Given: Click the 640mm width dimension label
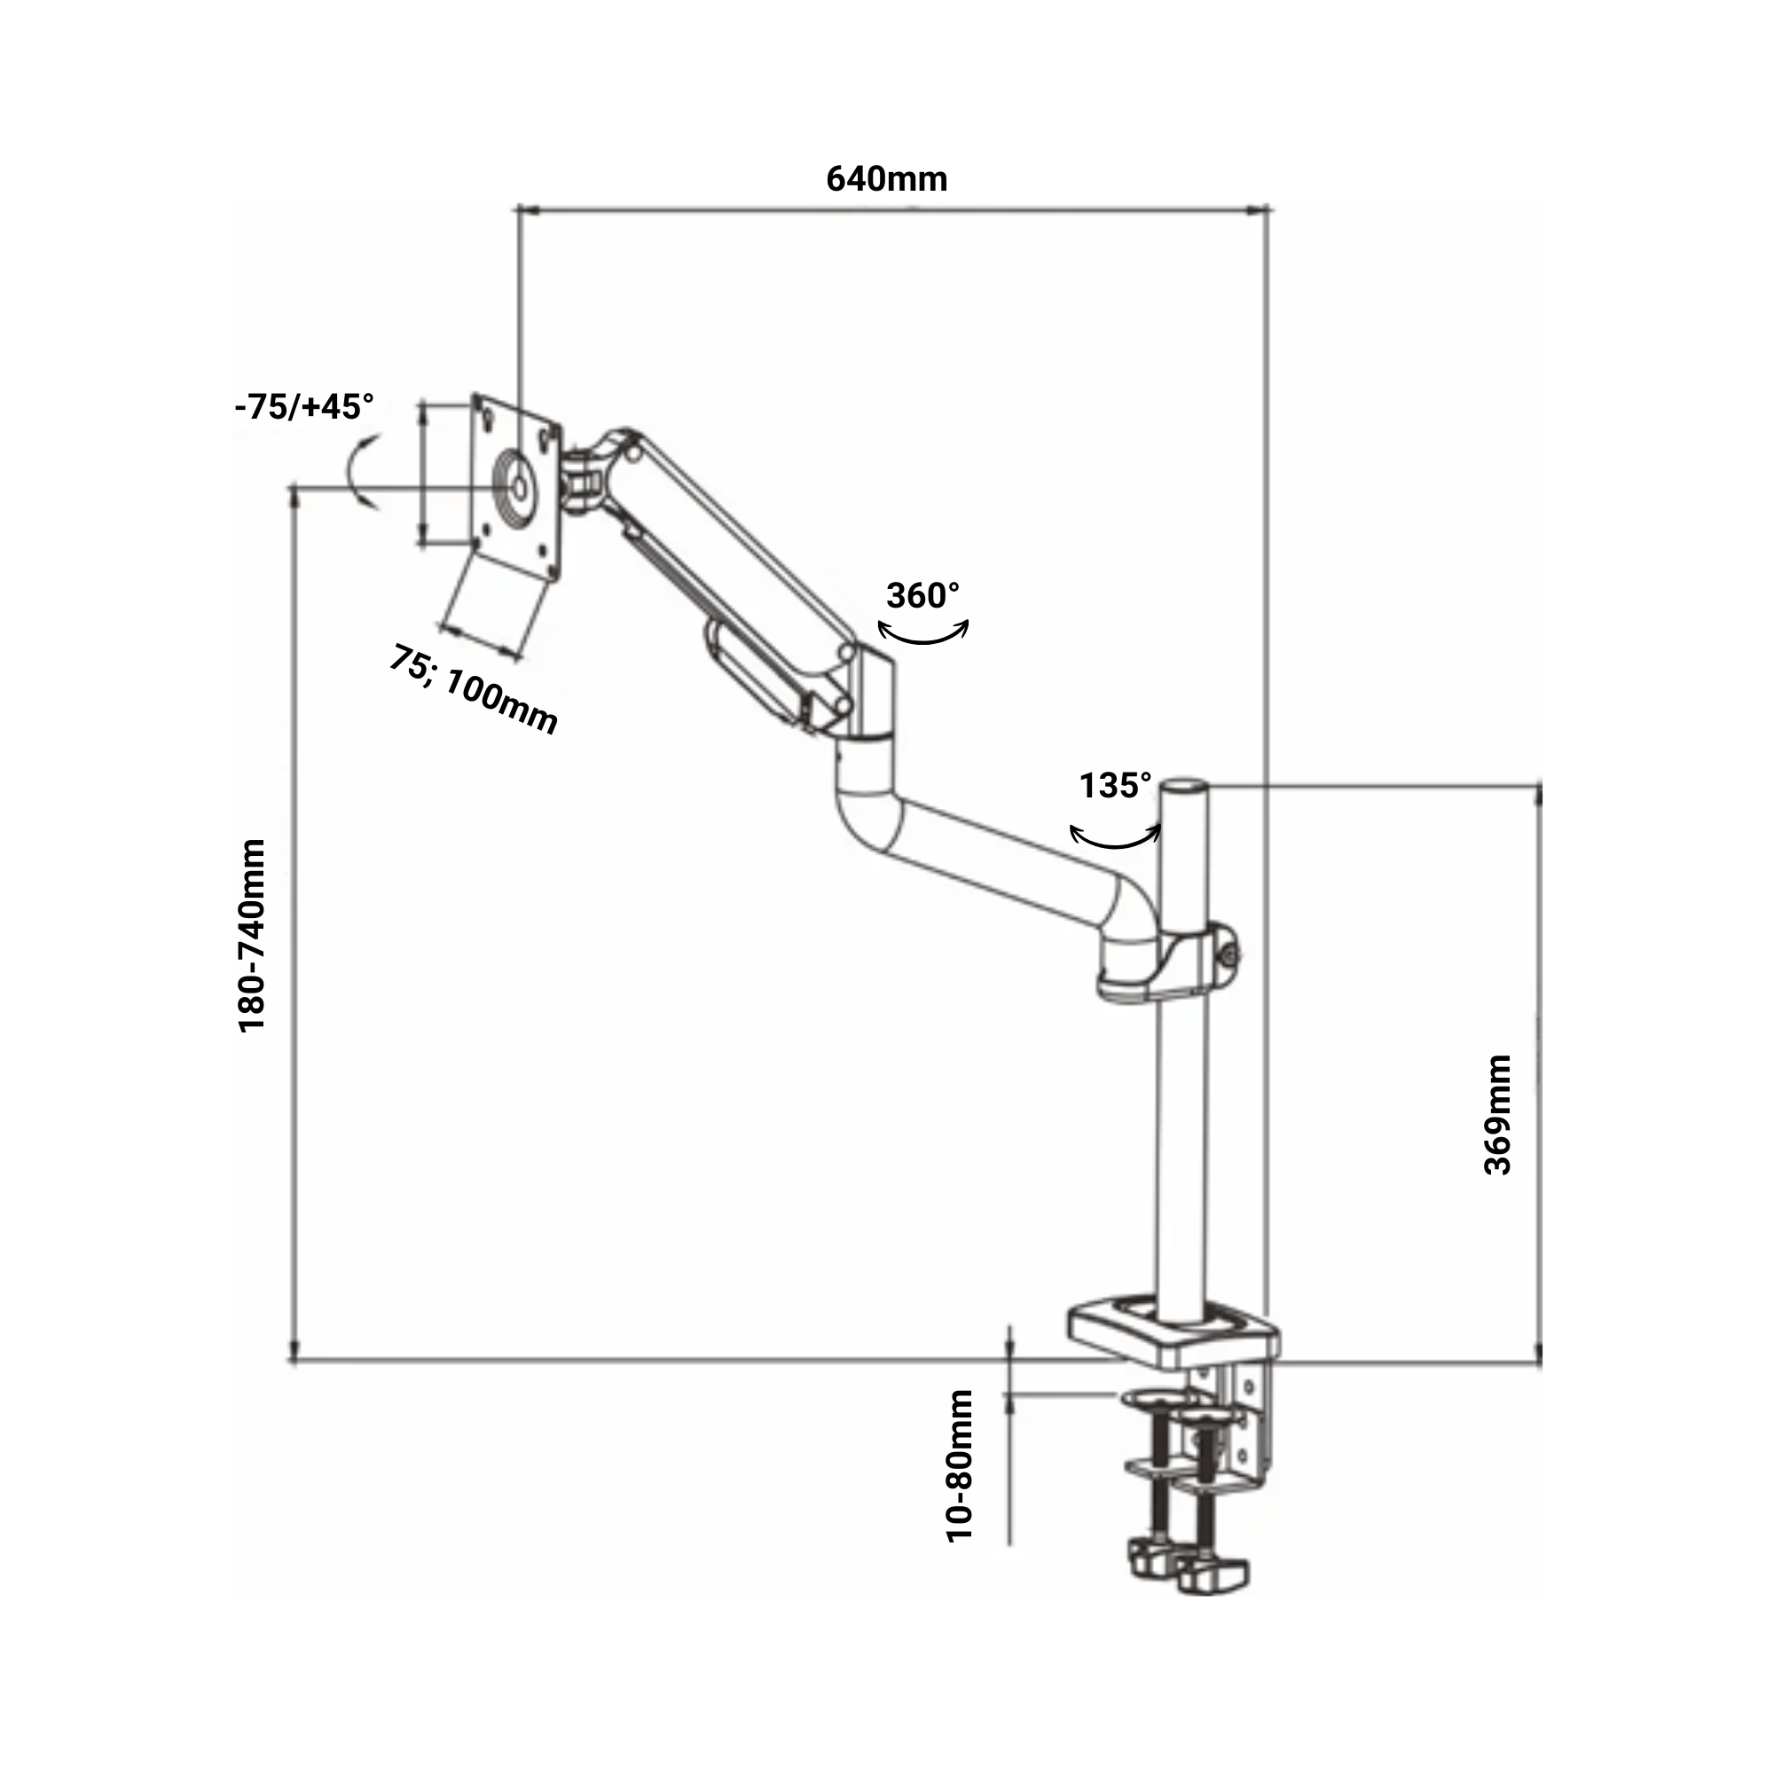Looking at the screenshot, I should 886,179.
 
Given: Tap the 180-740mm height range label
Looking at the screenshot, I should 252,936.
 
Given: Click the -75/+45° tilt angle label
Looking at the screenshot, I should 305,406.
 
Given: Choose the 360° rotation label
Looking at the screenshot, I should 922,596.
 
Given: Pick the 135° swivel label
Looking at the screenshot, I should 1115,786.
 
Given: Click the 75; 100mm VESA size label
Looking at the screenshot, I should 474,689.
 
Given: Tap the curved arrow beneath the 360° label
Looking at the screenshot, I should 922,632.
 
